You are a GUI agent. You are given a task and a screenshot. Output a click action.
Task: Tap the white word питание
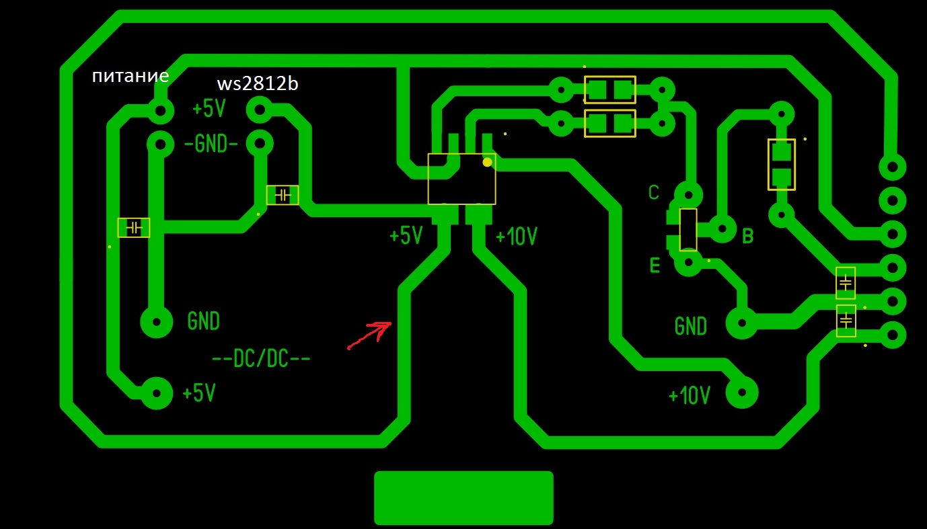(x=130, y=76)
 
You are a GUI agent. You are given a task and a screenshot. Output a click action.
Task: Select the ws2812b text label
(x=258, y=84)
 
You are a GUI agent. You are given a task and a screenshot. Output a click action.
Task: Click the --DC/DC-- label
(x=261, y=360)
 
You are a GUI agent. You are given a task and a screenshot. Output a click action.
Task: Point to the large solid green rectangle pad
(x=463, y=497)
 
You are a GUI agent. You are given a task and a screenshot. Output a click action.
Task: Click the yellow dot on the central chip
(x=487, y=162)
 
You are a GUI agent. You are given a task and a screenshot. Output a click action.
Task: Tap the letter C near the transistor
(x=653, y=193)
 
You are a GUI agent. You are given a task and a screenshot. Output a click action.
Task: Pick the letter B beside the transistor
(x=747, y=236)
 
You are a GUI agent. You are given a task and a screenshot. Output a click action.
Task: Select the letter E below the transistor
(x=655, y=266)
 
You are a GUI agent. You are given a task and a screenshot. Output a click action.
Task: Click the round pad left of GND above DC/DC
(x=156, y=321)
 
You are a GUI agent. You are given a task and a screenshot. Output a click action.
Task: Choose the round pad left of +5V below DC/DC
(x=156, y=393)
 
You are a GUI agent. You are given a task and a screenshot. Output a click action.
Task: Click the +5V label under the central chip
(x=406, y=236)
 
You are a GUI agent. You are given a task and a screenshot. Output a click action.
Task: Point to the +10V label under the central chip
(x=516, y=237)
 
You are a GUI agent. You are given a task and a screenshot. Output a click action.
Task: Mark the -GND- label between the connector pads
(x=211, y=144)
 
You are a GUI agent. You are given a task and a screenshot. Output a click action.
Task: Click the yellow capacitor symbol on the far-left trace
(x=134, y=228)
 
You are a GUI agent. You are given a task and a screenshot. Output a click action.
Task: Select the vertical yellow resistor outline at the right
(x=781, y=165)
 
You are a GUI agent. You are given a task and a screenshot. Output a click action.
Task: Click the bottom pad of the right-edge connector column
(x=893, y=335)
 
